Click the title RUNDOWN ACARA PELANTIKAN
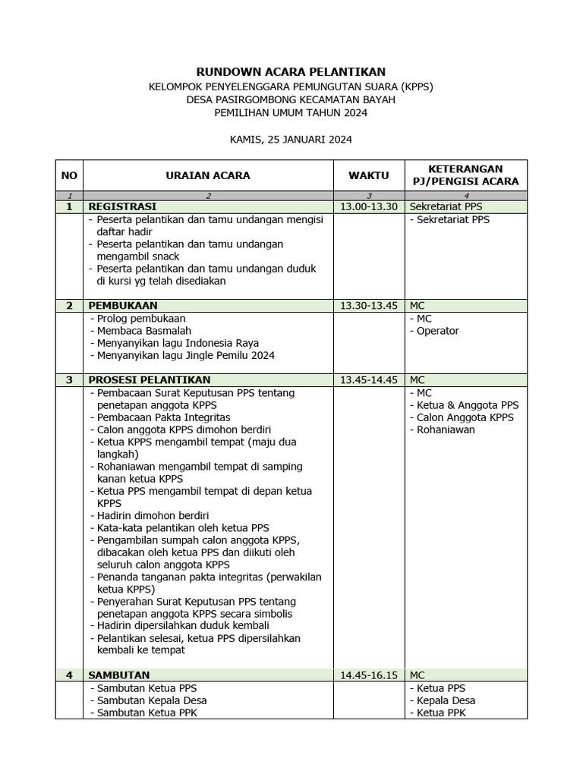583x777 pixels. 291,71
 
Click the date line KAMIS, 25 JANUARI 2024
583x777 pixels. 291,140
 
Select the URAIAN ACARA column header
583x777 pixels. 208,175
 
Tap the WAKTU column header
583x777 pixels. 368,175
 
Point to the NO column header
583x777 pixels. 69,175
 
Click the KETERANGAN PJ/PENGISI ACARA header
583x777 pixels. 465,175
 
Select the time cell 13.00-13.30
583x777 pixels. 368,206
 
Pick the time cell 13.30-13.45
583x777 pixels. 368,305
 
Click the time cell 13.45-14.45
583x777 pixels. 368,379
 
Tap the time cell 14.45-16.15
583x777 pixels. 368,675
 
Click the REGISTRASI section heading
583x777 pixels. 122,206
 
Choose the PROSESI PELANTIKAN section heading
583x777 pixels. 150,379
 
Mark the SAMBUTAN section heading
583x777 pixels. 119,675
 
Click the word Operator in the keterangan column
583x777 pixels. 437,331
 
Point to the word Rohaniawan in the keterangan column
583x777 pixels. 446,429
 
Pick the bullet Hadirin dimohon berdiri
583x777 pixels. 153,515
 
